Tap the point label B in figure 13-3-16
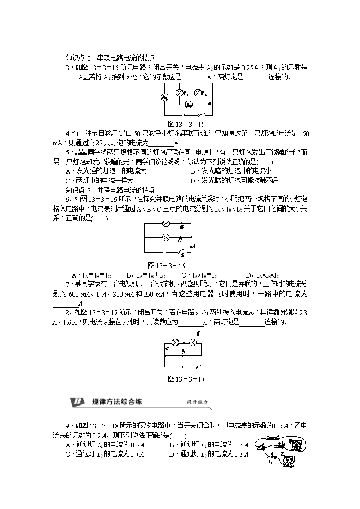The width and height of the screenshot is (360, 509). pos(181,226)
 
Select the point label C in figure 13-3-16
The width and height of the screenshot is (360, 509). pos(180,239)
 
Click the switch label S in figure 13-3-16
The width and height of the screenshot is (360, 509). pos(183,254)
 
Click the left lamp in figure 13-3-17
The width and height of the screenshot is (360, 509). pos(176,342)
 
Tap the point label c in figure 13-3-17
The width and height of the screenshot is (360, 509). pos(167,347)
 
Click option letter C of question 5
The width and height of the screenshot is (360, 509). pos(68,181)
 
